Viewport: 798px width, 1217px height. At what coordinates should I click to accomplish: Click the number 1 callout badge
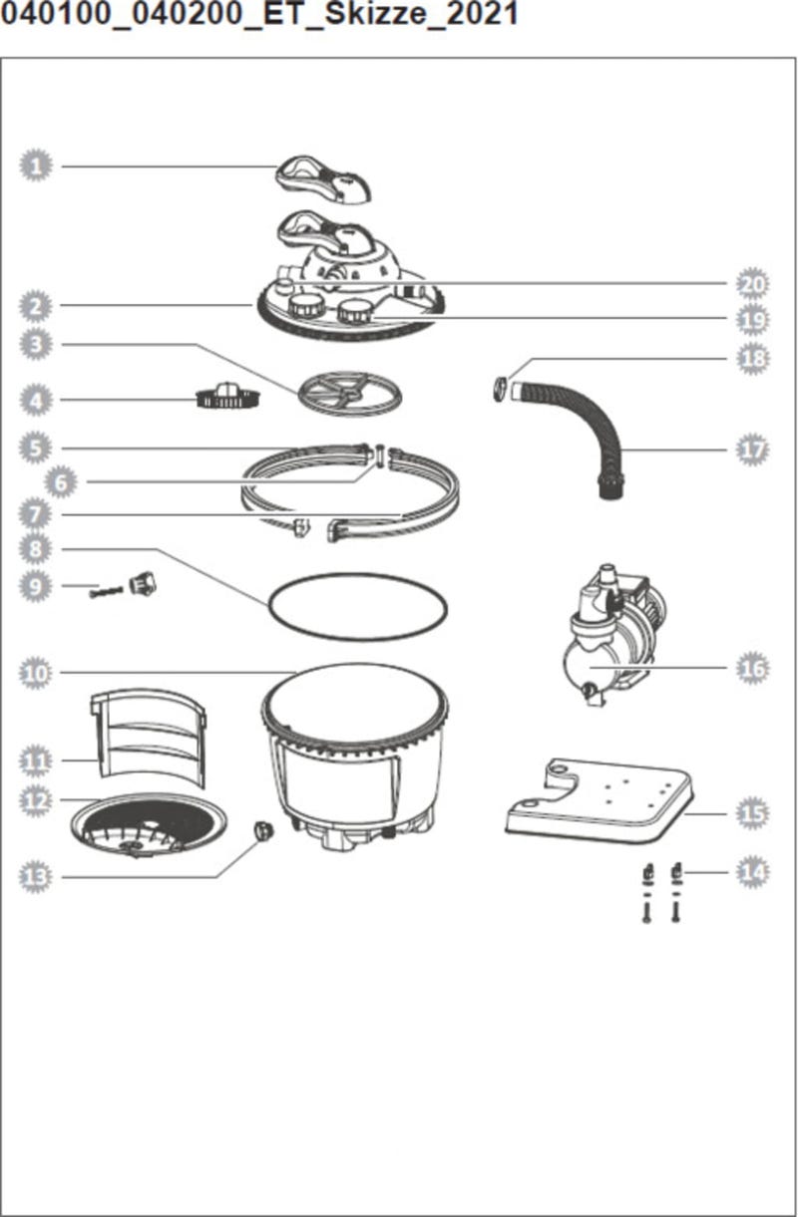[x=36, y=165]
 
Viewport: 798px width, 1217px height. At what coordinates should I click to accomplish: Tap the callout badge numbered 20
[x=752, y=284]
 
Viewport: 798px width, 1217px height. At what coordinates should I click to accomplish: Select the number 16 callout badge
[x=752, y=668]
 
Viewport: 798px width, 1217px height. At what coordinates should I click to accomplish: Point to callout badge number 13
[x=36, y=876]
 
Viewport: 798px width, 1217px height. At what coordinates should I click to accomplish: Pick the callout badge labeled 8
[x=36, y=549]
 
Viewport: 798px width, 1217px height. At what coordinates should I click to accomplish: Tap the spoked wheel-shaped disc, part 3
[x=349, y=394]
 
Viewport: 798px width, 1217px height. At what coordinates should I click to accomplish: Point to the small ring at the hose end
[x=500, y=389]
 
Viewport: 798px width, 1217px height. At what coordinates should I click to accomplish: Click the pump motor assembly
[x=613, y=635]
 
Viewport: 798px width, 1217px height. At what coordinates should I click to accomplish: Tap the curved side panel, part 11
[x=148, y=737]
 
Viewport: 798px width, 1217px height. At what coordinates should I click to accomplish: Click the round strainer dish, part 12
[x=148, y=825]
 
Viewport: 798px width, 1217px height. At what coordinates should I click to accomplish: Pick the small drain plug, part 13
[x=263, y=829]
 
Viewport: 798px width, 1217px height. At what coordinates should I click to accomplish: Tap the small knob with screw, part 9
[x=124, y=586]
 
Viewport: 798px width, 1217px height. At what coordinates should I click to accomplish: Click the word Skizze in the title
[x=374, y=13]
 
